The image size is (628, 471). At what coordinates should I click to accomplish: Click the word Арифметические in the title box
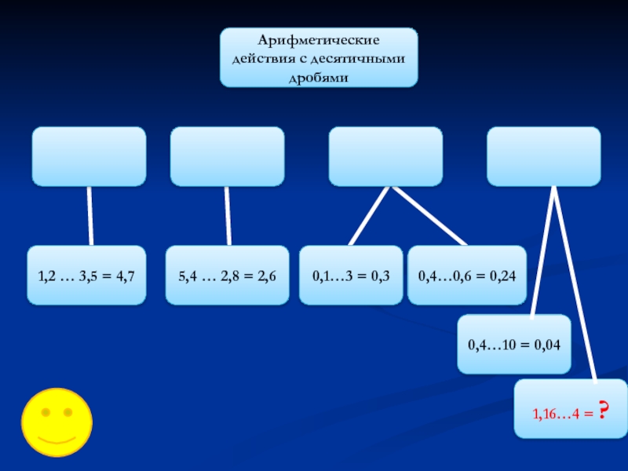coord(318,40)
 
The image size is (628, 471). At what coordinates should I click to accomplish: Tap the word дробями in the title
coord(318,75)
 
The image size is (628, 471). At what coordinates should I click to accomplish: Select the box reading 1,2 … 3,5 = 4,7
coord(86,276)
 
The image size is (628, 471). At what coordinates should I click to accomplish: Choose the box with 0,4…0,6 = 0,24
coord(466,276)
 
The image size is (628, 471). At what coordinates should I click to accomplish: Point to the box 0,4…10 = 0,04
coord(513,344)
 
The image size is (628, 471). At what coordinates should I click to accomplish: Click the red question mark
coord(604,410)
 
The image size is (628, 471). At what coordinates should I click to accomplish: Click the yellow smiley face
coord(56,422)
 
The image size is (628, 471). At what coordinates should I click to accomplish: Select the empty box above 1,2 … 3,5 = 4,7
coord(88,156)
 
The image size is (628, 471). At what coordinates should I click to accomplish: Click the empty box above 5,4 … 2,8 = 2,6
coord(227,156)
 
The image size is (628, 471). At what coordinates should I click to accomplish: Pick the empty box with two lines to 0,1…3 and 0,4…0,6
coord(385,156)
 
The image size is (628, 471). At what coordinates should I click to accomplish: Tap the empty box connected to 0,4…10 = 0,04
coord(544,156)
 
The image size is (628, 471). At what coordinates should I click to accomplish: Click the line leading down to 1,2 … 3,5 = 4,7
coord(90,216)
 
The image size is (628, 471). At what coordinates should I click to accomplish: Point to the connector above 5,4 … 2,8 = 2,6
coord(228,216)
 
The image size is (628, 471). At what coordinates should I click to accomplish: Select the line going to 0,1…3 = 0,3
coord(369,216)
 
